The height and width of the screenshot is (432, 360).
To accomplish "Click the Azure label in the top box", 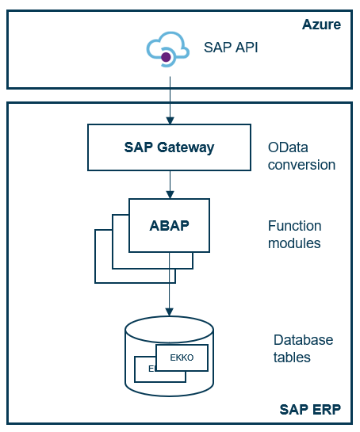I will [x=321, y=25].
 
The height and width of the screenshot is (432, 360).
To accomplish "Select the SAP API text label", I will [x=231, y=48].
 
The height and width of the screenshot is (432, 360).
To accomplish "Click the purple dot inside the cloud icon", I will [x=167, y=56].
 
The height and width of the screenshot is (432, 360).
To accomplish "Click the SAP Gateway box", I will [x=169, y=147].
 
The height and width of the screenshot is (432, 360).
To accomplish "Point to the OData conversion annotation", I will [x=301, y=156].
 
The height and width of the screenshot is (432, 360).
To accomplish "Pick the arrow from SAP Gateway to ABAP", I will [x=169, y=184].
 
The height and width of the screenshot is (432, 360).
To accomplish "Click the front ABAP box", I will [x=169, y=224].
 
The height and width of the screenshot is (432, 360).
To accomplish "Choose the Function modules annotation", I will [x=294, y=235].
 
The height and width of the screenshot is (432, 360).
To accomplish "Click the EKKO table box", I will [x=182, y=357].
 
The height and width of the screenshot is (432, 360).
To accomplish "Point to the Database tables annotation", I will [x=303, y=348].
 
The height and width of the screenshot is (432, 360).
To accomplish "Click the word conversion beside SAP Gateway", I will [x=301, y=165].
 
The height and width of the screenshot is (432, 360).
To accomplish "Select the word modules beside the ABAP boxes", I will [x=294, y=243].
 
